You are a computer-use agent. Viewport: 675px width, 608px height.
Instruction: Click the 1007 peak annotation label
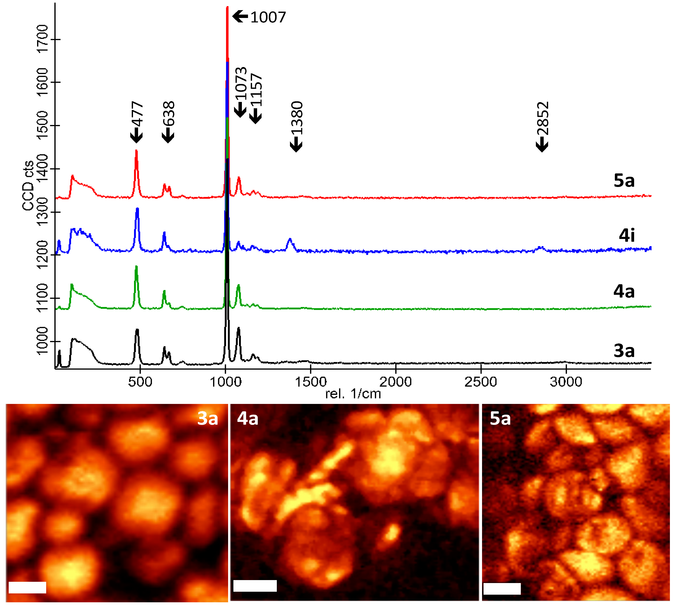click(x=268, y=17)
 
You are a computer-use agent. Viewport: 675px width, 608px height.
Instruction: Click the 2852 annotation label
click(x=543, y=118)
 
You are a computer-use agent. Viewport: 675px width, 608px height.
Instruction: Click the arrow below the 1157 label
click(x=256, y=116)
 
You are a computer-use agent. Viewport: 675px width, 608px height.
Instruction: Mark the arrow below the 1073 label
click(x=240, y=110)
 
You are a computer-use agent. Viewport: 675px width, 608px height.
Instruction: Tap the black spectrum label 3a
click(x=624, y=351)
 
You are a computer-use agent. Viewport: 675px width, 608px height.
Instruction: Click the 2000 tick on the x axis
click(x=395, y=382)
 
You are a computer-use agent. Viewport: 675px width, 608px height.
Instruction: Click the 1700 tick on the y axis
click(x=43, y=39)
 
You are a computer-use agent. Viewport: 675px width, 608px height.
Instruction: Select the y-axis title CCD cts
click(x=28, y=185)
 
